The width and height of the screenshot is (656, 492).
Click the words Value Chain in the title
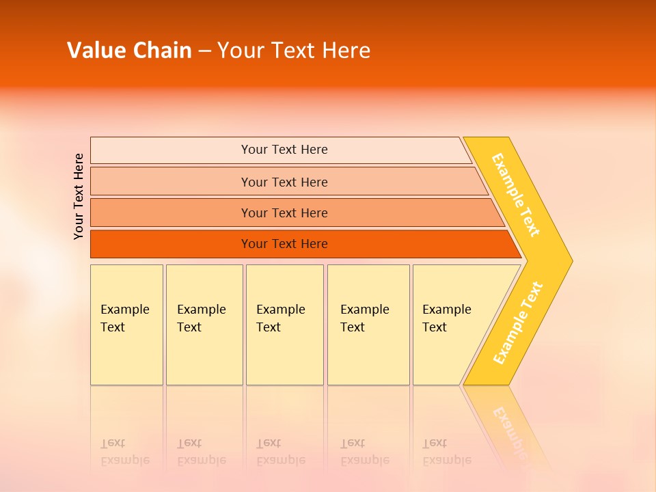pyautogui.click(x=129, y=51)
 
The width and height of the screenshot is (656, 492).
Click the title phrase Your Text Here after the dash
pyautogui.click(x=294, y=51)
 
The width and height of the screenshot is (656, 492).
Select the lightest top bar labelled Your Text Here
pyautogui.click(x=284, y=150)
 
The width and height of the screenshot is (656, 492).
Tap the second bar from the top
pyautogui.click(x=284, y=182)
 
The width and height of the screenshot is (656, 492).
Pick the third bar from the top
pyautogui.click(x=284, y=213)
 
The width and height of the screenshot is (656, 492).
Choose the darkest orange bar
pyautogui.click(x=284, y=244)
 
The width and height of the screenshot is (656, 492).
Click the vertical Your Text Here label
pyautogui.click(x=79, y=196)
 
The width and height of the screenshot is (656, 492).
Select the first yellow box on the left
pyautogui.click(x=126, y=325)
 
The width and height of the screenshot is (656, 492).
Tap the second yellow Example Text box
pyautogui.click(x=204, y=325)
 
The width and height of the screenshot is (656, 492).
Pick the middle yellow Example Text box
pyautogui.click(x=284, y=325)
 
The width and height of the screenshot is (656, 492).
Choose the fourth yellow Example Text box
pyautogui.click(x=368, y=325)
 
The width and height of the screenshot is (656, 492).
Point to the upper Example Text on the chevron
pyautogui.click(x=516, y=195)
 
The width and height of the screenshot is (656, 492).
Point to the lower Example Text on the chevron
pyautogui.click(x=518, y=323)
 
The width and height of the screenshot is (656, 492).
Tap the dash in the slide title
pyautogui.click(x=204, y=51)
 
